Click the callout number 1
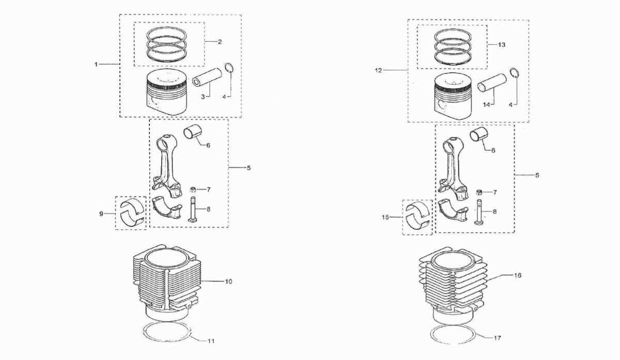coord(96,65)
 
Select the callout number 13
coord(502,44)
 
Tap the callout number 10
coord(228,281)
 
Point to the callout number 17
coord(497,338)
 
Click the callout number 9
coord(101,214)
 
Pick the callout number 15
coord(385,217)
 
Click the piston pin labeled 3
coord(207,77)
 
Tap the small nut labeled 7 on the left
coord(193,190)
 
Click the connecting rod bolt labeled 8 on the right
coord(479,212)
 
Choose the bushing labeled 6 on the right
coord(478,136)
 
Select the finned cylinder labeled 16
coord(453,288)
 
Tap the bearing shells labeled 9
coord(132,213)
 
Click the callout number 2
coord(220,42)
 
